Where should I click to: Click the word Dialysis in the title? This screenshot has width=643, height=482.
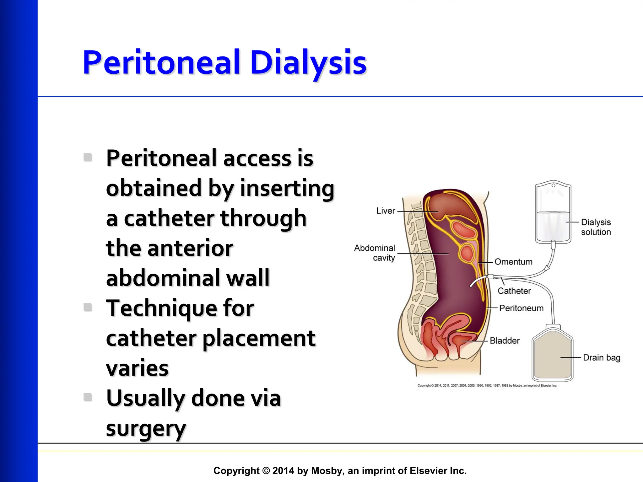tap(308, 63)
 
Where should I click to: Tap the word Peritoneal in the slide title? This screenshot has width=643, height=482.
tap(161, 63)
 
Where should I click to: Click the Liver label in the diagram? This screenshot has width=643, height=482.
tap(386, 211)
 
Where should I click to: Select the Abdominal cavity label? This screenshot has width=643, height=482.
tap(375, 253)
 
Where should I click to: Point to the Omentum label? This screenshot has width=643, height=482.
tap(513, 262)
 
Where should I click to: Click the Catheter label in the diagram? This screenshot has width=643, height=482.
tap(514, 291)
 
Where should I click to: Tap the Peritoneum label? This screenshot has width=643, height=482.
tap(521, 308)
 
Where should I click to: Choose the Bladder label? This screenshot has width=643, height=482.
tap(505, 341)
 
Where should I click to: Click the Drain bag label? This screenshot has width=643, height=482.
tap(601, 358)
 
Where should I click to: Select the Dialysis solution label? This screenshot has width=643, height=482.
tap(596, 227)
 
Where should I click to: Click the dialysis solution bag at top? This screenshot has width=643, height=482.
tap(553, 213)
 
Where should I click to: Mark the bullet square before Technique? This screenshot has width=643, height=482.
tap(88, 307)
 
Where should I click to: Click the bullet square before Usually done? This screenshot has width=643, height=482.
tap(88, 397)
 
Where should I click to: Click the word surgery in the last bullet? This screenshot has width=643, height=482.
tap(146, 429)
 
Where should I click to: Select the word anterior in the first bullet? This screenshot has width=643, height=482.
tap(190, 248)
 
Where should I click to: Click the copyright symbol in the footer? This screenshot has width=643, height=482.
tap(266, 471)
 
